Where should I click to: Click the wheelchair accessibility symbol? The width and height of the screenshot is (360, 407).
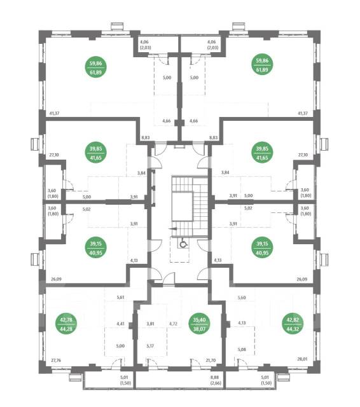pyautogui.click(x=183, y=243)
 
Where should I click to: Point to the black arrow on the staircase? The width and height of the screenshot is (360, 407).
pyautogui.click(x=172, y=229)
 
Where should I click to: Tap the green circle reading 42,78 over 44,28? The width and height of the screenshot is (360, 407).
pyautogui.click(x=66, y=324)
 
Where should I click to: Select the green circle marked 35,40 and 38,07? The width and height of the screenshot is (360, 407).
pyautogui.click(x=199, y=324)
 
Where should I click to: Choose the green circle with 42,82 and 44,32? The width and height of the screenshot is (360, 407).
pyautogui.click(x=293, y=324)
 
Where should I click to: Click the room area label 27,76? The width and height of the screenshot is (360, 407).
pyautogui.click(x=56, y=361)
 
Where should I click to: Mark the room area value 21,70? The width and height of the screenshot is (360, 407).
pyautogui.click(x=211, y=361)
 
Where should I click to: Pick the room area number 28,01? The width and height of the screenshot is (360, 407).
pyautogui.click(x=302, y=359)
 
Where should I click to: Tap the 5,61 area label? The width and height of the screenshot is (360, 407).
pyautogui.click(x=120, y=298)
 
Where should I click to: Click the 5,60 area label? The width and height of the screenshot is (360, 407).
pyautogui.click(x=242, y=298)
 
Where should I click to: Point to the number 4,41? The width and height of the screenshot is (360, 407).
pyautogui.click(x=120, y=324)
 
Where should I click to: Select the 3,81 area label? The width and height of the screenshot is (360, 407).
pyautogui.click(x=150, y=324)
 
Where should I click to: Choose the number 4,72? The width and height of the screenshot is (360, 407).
pyautogui.click(x=173, y=324)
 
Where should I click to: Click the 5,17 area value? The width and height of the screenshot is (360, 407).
pyautogui.click(x=150, y=346)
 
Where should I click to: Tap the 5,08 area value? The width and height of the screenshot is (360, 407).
pyautogui.click(x=242, y=349)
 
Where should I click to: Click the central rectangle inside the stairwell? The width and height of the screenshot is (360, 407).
pyautogui.click(x=183, y=206)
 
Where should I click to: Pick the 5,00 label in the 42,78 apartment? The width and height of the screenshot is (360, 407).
pyautogui.click(x=120, y=346)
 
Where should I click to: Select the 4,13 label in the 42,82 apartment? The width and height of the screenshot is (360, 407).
pyautogui.click(x=242, y=323)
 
